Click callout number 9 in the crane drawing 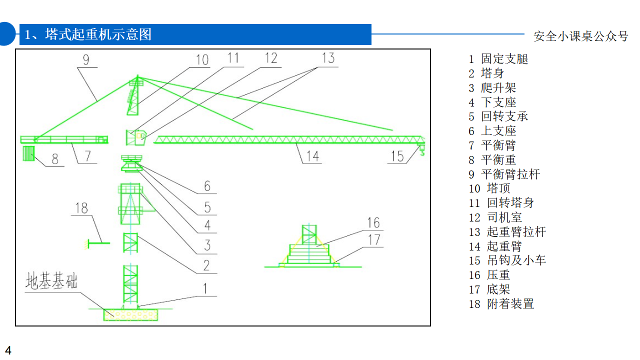(86, 59)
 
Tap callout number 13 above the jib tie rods (328, 58)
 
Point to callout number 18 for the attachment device (81, 208)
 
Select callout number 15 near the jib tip (397, 156)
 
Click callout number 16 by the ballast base (373, 223)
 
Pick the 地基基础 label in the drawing (51, 281)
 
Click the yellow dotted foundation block (130, 314)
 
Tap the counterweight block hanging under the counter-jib (28, 153)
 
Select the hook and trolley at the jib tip (421, 150)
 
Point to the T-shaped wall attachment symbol (97, 243)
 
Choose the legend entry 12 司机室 (495, 217)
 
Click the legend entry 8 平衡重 (492, 159)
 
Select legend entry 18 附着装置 (501, 303)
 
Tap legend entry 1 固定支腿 (498, 59)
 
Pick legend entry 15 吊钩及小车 (507, 260)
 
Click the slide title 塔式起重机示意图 (98, 34)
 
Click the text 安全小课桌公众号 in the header (581, 36)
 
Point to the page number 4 (8, 350)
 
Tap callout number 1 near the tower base (205, 288)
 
